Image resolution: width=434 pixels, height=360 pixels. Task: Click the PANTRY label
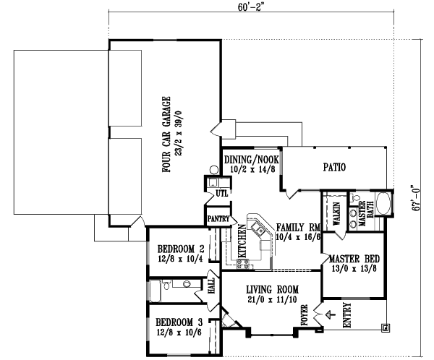pos(218,218)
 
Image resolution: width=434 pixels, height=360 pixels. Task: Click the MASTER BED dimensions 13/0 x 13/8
pos(354,270)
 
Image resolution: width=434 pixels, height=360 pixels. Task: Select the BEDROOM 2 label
pos(181,249)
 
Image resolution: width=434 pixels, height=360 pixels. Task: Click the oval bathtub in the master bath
pos(383,205)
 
